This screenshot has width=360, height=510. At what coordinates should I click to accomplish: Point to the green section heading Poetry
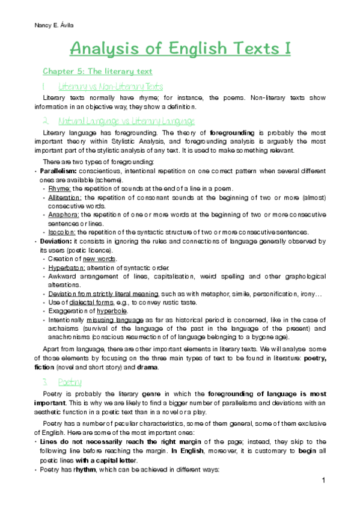click(66, 382)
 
